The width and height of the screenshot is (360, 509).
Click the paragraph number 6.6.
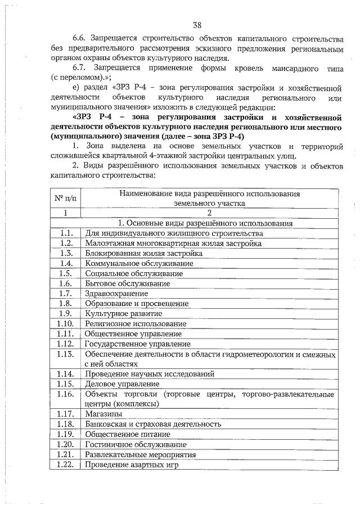point(82,39)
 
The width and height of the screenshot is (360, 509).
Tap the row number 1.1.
point(66,233)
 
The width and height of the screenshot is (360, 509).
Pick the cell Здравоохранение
point(114,293)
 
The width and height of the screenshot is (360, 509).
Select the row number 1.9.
point(66,313)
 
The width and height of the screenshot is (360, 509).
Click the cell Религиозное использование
point(135,323)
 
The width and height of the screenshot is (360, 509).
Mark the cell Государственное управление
point(137,344)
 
